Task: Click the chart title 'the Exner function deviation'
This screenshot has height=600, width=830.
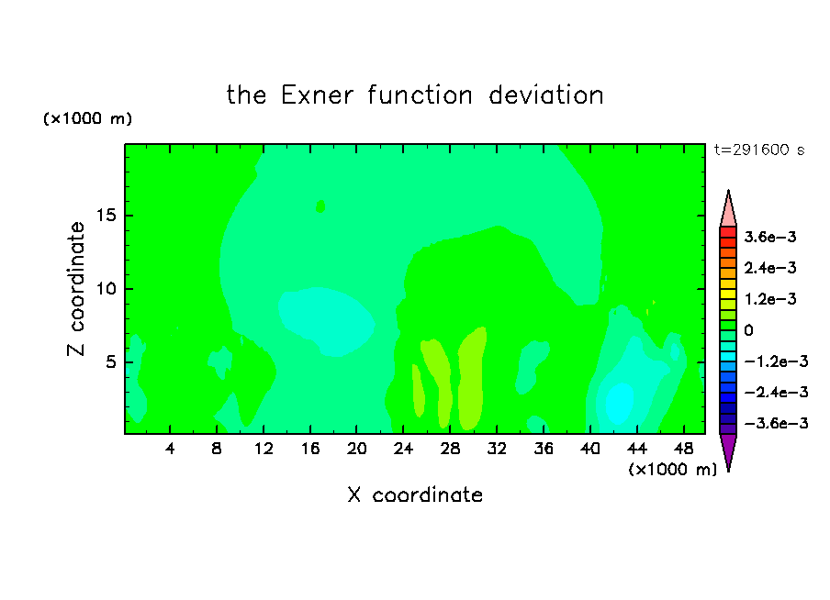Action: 415,95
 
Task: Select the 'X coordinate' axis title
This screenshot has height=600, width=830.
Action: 415,494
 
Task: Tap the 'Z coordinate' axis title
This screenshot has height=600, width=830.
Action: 75,289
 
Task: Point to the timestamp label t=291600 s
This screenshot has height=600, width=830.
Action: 759,150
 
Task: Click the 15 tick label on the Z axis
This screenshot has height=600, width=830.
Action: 106,216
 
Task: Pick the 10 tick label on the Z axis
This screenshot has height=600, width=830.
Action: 106,289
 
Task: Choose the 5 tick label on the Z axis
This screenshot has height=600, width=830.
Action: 110,361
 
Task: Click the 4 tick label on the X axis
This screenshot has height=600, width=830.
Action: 169,450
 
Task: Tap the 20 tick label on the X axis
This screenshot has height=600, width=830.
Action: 356,450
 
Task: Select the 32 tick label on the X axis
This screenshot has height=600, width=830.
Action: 497,450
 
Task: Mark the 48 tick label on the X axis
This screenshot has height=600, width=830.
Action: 683,450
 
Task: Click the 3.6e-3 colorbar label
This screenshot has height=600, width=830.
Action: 770,237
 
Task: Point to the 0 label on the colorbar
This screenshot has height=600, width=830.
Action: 748,330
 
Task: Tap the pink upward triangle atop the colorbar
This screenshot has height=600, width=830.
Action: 728,208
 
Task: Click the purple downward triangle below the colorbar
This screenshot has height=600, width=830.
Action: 728,452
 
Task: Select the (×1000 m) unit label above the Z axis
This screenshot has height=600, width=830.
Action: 87,118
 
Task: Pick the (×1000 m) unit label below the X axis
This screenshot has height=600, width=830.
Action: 672,470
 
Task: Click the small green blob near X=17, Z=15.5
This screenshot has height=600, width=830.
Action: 320,206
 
